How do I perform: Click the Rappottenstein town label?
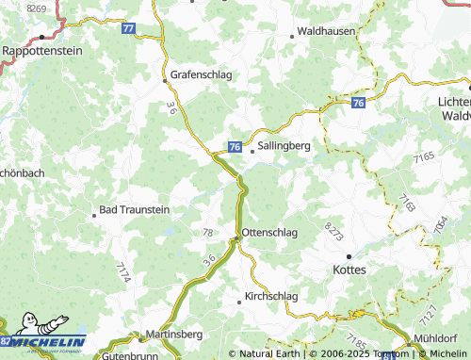[41, 50]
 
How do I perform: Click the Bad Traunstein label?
[135, 210]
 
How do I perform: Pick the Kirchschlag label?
[270, 296]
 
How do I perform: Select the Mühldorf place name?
[436, 337]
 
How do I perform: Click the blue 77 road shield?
[128, 29]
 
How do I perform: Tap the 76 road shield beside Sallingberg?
[235, 147]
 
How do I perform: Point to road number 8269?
[38, 8]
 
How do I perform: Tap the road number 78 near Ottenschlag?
[208, 232]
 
